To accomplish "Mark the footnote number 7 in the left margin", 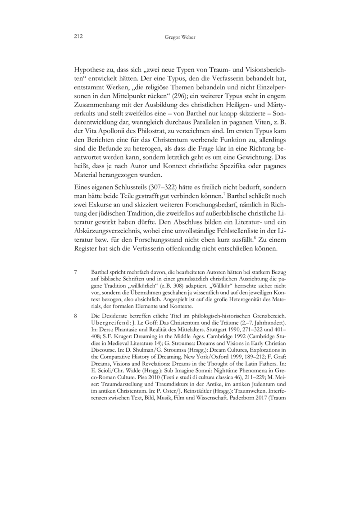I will click(x=75, y=273).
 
